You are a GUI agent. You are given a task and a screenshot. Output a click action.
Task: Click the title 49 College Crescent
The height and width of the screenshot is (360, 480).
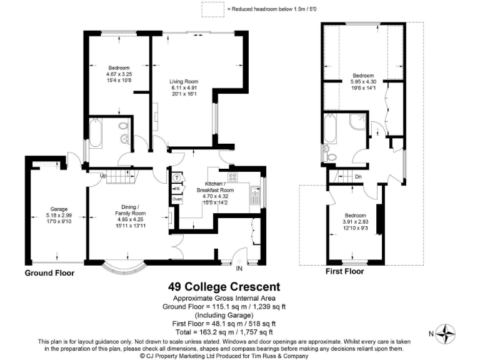click(224, 287)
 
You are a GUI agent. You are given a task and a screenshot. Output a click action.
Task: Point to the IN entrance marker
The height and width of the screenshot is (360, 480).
click(239, 269)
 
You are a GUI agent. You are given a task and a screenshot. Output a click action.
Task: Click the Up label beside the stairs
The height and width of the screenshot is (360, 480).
click(102, 175)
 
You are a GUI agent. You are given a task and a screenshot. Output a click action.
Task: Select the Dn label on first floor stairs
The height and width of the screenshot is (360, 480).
click(358, 176)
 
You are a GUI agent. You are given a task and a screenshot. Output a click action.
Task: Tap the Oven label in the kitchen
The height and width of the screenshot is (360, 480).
click(177, 199)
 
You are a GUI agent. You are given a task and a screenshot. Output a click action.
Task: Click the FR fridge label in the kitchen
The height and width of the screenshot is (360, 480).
click(177, 189)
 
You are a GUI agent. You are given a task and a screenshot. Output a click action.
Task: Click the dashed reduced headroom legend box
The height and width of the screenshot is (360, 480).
click(212, 9)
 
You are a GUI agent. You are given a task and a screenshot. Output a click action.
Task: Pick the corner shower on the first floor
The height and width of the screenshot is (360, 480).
click(357, 121)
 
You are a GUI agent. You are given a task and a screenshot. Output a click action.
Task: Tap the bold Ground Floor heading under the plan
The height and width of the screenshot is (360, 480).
click(49, 273)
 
